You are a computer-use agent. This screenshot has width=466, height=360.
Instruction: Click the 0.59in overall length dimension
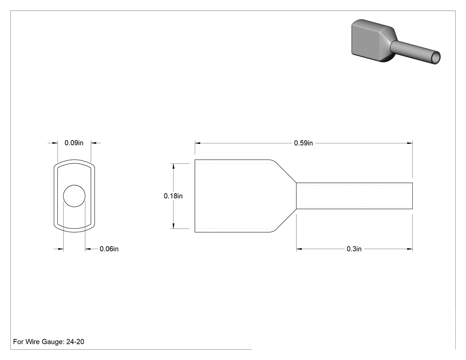tap(304, 143)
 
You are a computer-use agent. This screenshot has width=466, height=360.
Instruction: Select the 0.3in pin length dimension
tap(354, 249)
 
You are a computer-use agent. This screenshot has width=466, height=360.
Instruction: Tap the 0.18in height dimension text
tap(173, 196)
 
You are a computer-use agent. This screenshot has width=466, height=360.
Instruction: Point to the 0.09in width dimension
tap(74, 142)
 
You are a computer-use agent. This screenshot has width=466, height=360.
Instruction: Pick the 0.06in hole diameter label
tap(109, 249)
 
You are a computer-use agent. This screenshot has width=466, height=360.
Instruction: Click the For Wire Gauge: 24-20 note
tap(49, 341)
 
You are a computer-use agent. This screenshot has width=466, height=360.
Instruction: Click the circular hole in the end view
tap(74, 196)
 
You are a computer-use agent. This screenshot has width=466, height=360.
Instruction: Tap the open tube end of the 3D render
tap(436, 58)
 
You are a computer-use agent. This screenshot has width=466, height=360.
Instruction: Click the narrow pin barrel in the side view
tap(354, 196)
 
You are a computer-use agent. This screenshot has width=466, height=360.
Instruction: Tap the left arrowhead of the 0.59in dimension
tap(197, 143)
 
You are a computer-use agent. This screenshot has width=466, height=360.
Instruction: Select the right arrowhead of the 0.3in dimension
tap(410, 249)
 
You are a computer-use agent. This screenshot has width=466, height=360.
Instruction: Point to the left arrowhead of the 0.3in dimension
tap(299, 249)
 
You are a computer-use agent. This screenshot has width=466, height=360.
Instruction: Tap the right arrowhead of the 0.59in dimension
tap(410, 143)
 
